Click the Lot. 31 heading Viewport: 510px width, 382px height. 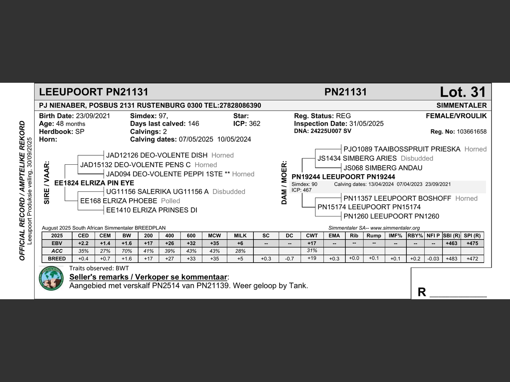[463, 92]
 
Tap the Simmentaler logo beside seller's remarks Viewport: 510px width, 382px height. [51, 278]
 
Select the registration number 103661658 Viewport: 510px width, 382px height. [471, 132]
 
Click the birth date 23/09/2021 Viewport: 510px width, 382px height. [93, 116]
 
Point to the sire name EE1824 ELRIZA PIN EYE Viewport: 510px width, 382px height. [94, 183]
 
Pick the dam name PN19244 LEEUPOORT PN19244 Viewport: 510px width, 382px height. [343, 177]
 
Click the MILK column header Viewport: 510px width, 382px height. [240, 236]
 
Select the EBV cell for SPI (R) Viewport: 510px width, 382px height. [472, 243]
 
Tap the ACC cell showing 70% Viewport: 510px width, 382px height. [127, 251]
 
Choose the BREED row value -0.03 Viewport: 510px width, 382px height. [433, 259]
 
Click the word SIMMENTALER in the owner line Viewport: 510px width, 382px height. [461, 105]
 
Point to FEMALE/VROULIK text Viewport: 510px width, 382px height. [456, 116]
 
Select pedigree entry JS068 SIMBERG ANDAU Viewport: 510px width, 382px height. [382, 168]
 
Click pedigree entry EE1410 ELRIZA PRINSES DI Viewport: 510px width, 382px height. [151, 210]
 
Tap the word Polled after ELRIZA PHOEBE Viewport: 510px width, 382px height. [171, 201]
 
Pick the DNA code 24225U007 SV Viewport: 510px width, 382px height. [331, 131]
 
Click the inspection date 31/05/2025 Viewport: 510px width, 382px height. [367, 124]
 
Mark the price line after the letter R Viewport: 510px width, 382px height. [458, 294]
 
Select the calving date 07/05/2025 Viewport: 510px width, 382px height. [196, 139]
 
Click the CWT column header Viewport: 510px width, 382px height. [312, 236]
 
